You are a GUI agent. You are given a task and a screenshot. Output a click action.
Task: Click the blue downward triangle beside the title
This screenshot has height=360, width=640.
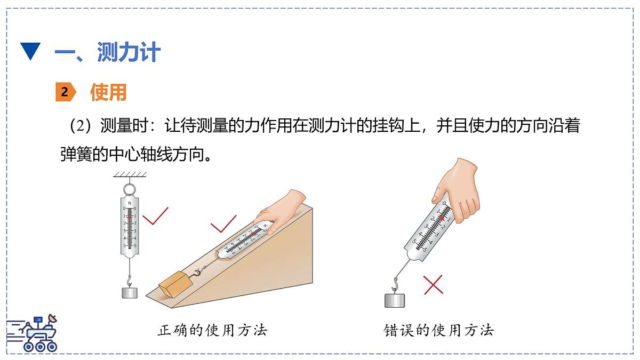coord(30,52)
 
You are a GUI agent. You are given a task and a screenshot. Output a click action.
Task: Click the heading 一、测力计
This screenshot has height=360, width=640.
coord(107,52)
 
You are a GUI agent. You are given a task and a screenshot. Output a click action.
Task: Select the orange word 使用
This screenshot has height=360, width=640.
coord(108,92)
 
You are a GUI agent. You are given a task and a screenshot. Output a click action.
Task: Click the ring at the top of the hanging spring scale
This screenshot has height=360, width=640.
coord(129,189)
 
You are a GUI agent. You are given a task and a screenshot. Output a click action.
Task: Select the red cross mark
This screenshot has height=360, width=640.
coord(433,285)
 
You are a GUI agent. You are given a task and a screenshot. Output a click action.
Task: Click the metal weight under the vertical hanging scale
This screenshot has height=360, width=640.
coord(129,293)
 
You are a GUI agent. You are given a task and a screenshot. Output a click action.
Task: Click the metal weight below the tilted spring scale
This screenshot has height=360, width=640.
coord(395,300)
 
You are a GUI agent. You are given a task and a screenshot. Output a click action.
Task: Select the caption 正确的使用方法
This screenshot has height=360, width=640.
coord(212,330)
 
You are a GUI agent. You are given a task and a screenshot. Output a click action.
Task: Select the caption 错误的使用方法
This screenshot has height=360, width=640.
coord(439,330)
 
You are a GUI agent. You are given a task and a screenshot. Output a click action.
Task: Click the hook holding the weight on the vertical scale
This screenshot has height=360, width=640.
coord(129,278)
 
